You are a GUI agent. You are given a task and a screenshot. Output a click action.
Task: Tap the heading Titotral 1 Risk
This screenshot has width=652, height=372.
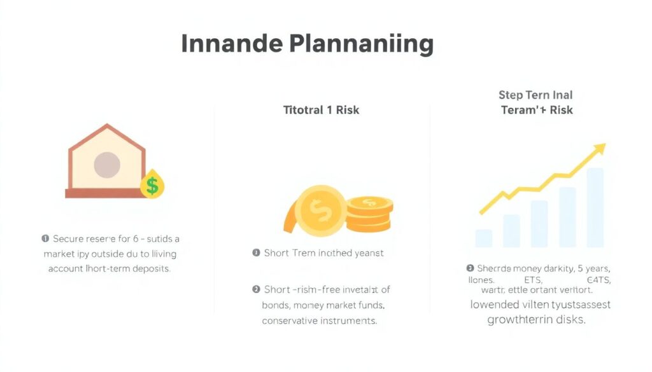[x=321, y=110]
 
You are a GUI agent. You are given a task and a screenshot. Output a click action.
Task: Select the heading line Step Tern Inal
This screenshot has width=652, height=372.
[x=535, y=95]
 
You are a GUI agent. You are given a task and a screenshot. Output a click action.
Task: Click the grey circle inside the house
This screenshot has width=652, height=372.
[x=107, y=165]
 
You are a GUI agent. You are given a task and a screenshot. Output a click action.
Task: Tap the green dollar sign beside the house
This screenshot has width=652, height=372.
[x=152, y=185]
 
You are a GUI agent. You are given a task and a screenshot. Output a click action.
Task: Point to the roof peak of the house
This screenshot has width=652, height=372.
[x=106, y=126]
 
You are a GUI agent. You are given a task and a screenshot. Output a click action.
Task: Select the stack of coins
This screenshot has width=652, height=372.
[x=369, y=214]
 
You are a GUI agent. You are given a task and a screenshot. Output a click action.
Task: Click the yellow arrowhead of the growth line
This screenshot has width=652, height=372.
[x=598, y=149]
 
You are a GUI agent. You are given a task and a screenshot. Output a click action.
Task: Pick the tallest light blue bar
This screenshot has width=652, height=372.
[x=595, y=207]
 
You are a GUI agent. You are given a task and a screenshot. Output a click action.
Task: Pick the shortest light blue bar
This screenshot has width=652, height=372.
[x=484, y=238]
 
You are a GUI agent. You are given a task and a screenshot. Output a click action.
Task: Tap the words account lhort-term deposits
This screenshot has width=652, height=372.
[x=109, y=268]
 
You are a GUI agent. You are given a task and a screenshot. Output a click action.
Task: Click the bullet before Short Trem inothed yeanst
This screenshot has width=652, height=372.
[x=256, y=253]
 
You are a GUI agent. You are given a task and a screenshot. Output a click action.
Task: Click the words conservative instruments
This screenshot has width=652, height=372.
[x=320, y=320]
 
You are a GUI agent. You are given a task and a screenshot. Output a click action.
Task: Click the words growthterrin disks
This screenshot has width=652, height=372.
[x=535, y=320]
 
